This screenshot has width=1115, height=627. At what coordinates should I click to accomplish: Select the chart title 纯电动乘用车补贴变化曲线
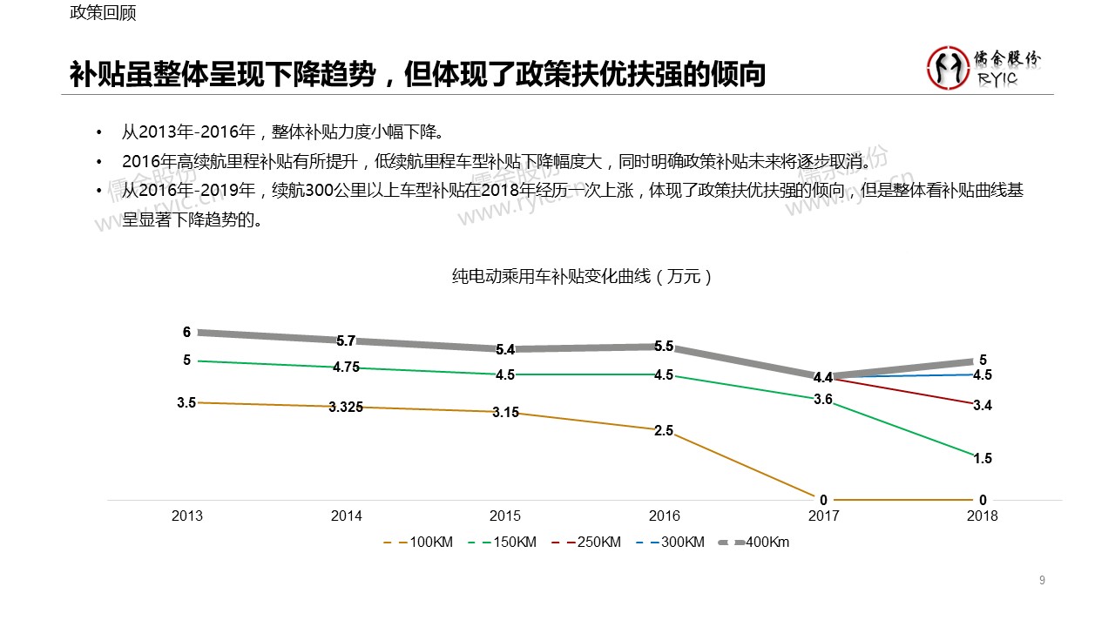click(583, 277)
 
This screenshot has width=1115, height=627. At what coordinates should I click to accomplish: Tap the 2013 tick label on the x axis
click(187, 516)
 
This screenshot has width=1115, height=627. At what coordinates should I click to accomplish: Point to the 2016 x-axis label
click(665, 516)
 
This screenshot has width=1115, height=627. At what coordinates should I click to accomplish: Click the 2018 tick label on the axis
click(983, 516)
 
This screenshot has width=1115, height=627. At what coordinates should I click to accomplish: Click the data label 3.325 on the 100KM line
click(346, 408)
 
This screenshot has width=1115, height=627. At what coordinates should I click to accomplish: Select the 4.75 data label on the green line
click(346, 367)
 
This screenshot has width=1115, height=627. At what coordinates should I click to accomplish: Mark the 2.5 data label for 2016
click(664, 431)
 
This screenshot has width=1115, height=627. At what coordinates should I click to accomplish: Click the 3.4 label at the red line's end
click(983, 406)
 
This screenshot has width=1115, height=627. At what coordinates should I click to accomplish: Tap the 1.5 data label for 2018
click(983, 459)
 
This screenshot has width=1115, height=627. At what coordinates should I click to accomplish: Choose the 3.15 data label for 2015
click(505, 413)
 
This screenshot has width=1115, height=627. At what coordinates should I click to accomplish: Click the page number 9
click(1042, 581)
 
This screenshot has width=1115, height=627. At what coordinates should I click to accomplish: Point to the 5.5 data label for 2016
click(664, 346)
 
